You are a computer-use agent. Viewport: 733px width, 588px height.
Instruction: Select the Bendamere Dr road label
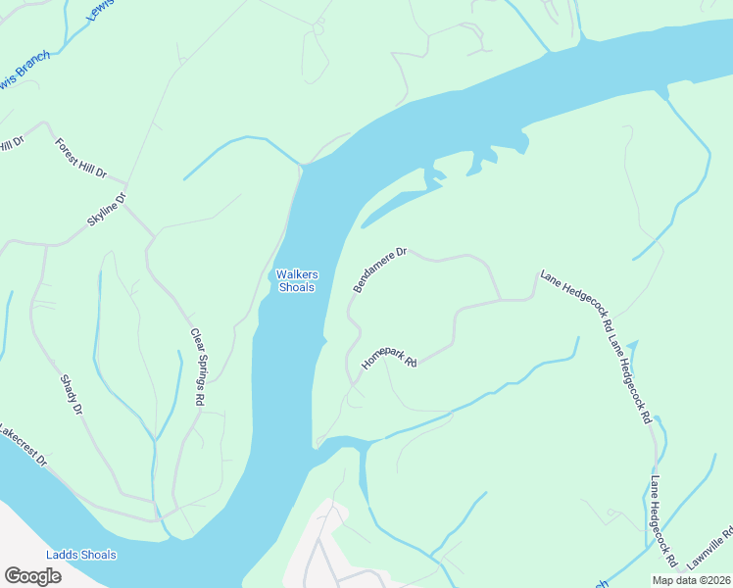(x=379, y=269)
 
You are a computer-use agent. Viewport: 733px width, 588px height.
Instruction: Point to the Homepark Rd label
(x=389, y=357)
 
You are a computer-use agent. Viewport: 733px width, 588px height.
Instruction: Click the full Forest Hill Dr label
(x=80, y=158)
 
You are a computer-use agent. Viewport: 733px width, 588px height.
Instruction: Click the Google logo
(x=32, y=576)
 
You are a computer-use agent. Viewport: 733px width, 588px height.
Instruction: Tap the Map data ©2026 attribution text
(x=690, y=580)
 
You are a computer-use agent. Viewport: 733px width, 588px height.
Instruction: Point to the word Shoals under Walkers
(x=297, y=287)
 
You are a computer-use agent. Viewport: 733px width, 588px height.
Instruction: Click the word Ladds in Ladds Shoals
(x=66, y=555)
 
